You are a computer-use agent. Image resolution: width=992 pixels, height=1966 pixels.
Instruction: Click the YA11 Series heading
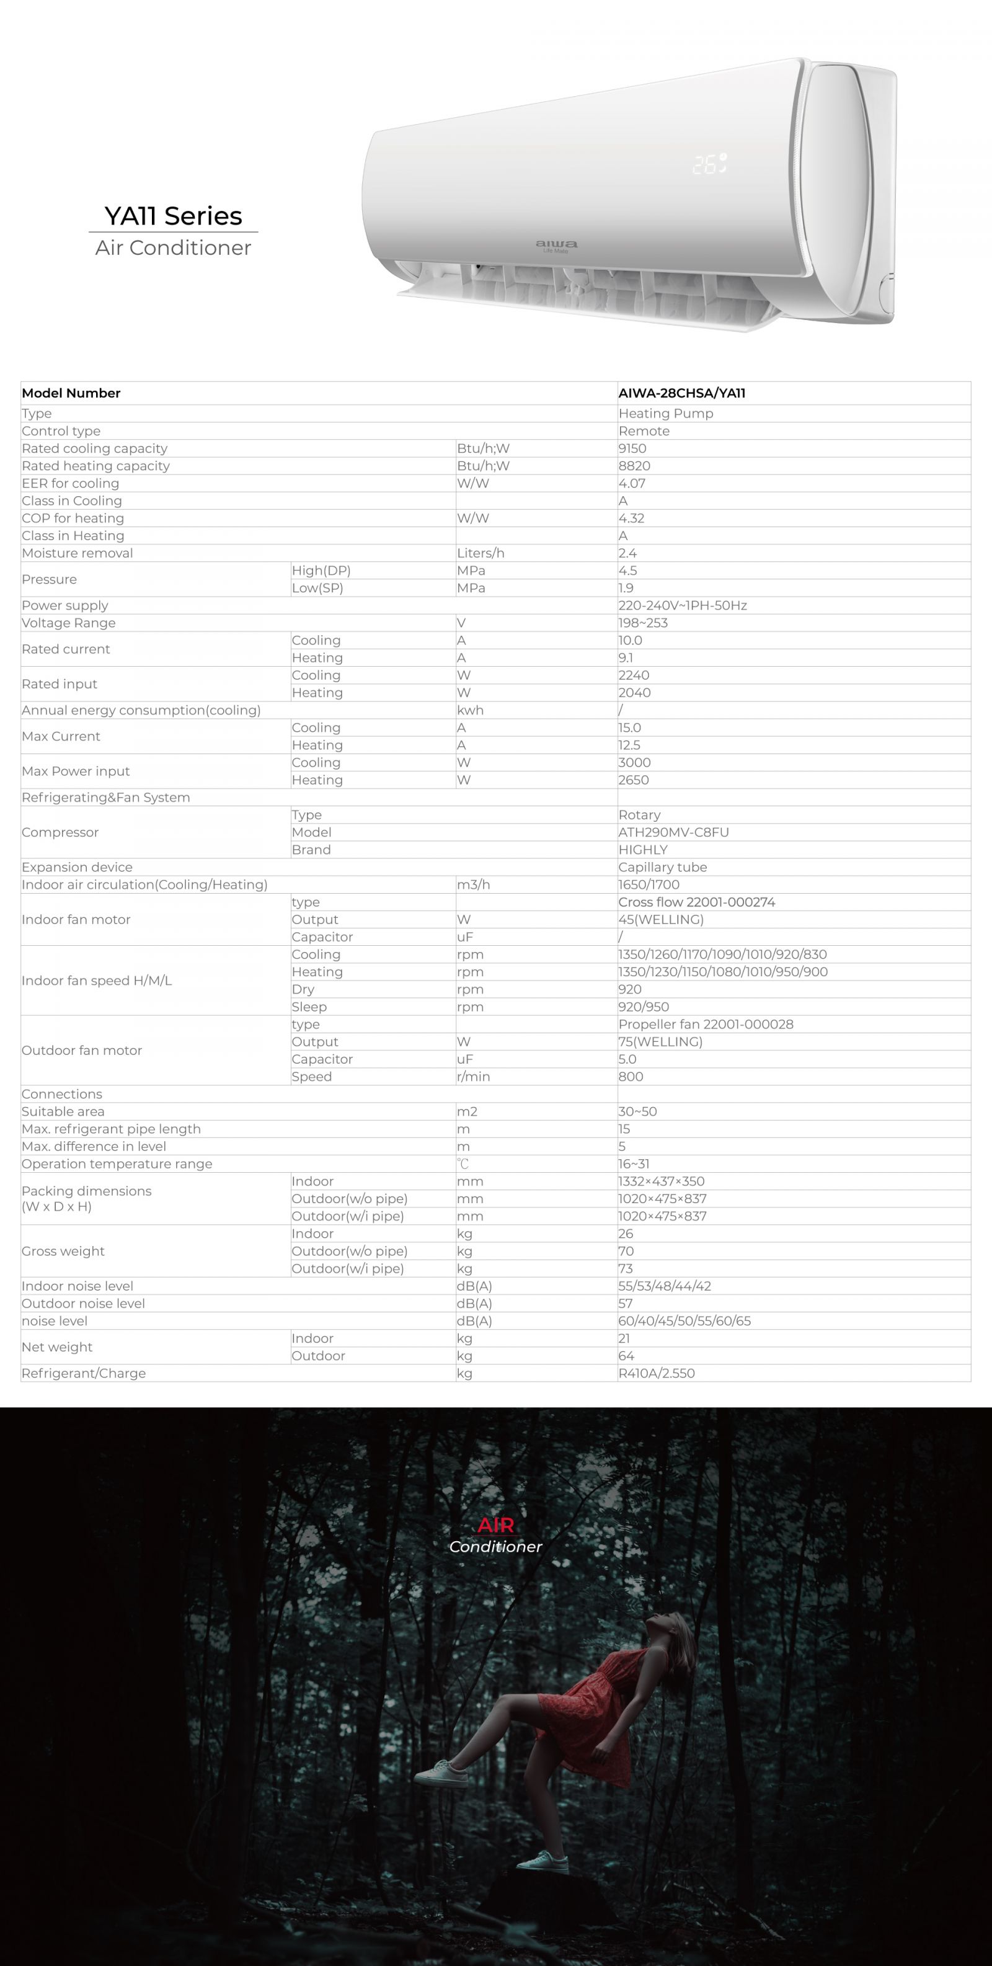173,216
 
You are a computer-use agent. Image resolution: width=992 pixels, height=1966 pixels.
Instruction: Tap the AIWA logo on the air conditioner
556,245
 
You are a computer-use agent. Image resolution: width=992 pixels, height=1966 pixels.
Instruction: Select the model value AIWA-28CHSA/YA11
681,393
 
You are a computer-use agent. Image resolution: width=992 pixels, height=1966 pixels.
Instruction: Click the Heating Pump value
665,414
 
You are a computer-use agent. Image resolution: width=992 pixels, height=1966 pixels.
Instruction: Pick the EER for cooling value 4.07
632,483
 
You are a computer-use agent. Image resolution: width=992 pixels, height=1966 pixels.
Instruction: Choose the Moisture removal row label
77,553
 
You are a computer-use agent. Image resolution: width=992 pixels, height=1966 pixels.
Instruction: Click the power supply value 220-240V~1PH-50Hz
682,605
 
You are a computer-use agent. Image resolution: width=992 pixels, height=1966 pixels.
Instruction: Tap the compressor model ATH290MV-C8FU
673,832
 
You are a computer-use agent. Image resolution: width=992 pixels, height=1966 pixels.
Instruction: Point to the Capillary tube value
662,867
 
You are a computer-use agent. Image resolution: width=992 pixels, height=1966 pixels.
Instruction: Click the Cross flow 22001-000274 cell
696,902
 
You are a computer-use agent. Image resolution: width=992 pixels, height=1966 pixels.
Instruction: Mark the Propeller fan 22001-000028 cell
705,1024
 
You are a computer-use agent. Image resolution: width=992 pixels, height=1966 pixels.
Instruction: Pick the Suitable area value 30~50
637,1111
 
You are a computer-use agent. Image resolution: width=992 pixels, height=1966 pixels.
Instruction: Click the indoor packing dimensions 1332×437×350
661,1181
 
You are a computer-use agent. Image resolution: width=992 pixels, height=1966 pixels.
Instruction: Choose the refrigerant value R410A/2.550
656,1373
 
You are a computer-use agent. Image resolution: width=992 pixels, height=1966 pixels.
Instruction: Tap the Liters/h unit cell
480,553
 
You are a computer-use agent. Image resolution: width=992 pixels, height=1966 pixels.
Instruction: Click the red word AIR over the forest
495,1525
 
